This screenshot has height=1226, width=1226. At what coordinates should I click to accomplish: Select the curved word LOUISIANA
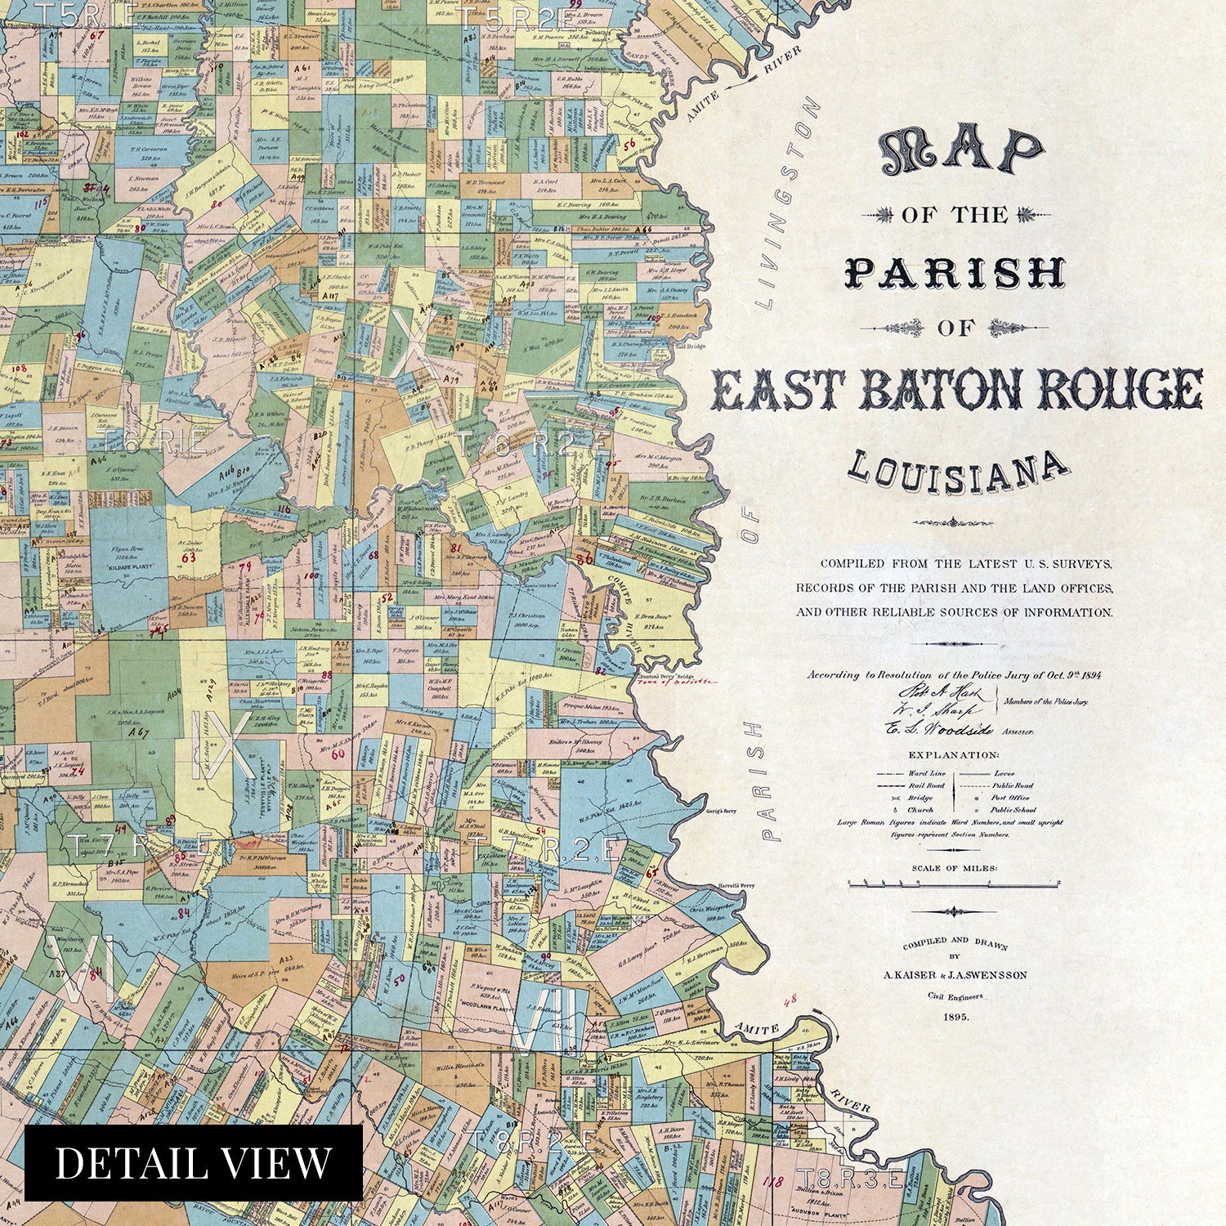(x=956, y=472)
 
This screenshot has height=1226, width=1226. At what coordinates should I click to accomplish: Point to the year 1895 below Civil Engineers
(x=955, y=1017)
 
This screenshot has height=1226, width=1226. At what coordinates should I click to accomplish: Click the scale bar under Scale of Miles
(x=954, y=884)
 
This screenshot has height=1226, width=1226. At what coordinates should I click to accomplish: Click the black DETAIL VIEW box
(x=193, y=1163)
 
